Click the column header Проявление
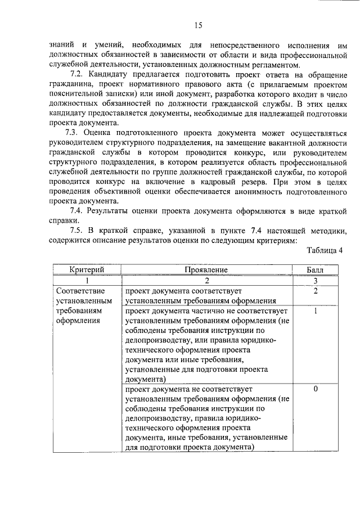206,270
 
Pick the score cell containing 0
316,389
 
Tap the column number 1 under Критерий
87,280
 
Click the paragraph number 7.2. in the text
79,75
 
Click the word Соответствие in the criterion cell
78,291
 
